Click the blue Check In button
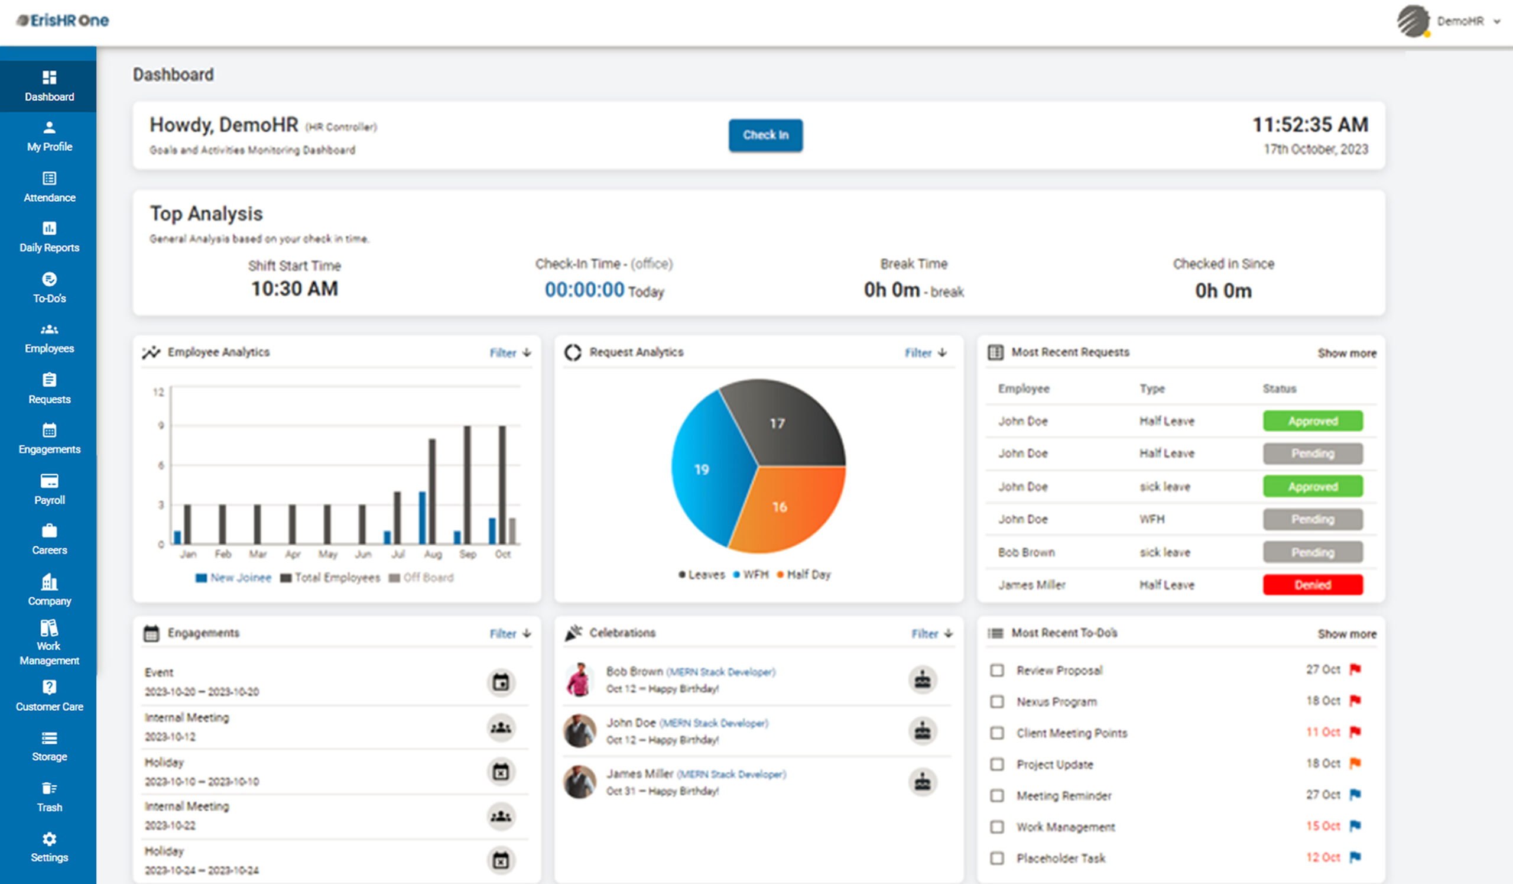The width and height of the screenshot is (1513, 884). point(765,135)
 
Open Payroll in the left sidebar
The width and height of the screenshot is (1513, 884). point(49,489)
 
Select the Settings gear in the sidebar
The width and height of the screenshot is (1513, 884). point(49,846)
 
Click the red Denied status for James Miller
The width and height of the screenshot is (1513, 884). point(1313,584)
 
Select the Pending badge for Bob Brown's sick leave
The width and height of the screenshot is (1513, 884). point(1313,552)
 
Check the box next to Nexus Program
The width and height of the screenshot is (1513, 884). point(996,701)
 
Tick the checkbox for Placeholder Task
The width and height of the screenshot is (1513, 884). point(996,857)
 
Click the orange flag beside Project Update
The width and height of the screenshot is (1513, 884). point(1355,763)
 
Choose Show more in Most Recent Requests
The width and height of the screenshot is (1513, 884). point(1347,353)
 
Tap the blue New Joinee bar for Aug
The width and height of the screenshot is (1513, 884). point(422,517)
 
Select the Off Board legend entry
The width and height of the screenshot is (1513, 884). point(421,578)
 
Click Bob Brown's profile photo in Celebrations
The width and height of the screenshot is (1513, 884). point(579,679)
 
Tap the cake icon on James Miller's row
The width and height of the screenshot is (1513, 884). point(922,782)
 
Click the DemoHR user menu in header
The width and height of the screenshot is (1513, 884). point(1459,21)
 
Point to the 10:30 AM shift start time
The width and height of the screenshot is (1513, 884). point(294,289)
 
